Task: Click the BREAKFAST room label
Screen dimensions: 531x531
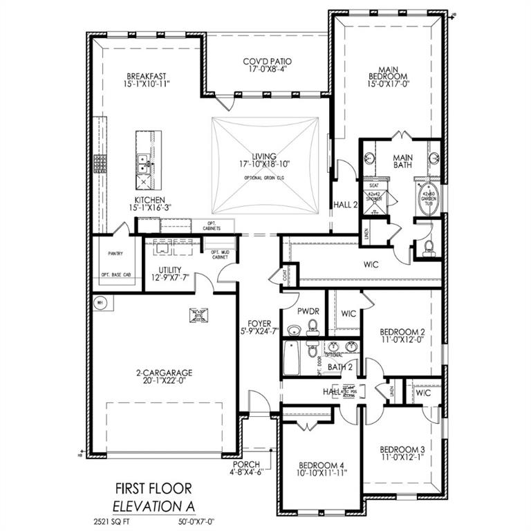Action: [146, 77]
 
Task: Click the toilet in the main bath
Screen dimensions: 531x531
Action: [428, 245]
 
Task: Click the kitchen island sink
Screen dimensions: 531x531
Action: [143, 165]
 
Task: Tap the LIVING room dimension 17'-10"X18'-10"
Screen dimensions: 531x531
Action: [263, 165]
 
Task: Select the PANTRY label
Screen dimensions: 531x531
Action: [115, 254]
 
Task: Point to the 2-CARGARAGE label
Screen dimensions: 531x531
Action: [163, 373]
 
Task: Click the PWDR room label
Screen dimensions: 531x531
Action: [308, 312]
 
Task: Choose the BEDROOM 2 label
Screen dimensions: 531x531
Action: [402, 332]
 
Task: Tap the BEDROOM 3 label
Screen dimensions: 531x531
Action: [402, 449]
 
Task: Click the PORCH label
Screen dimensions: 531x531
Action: [247, 464]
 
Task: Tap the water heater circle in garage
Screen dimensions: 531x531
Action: [100, 302]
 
